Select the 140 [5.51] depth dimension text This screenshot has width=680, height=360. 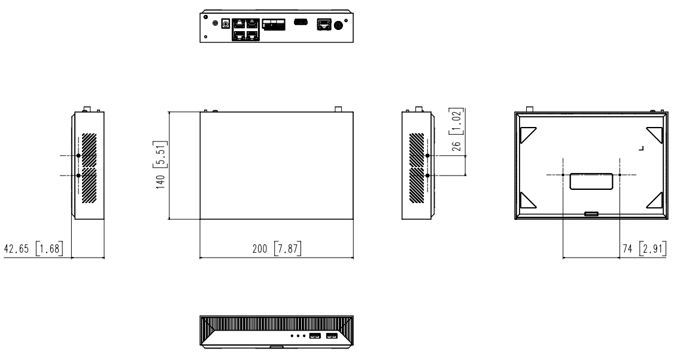tap(161, 165)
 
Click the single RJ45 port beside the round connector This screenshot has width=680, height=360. tap(323, 24)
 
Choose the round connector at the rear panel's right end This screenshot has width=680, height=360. tap(339, 25)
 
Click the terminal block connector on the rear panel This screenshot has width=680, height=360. tap(274, 25)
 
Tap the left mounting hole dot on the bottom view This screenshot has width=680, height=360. tap(564, 175)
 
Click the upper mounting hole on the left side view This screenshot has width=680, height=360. tap(78, 156)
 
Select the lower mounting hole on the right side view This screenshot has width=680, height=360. tap(427, 175)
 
